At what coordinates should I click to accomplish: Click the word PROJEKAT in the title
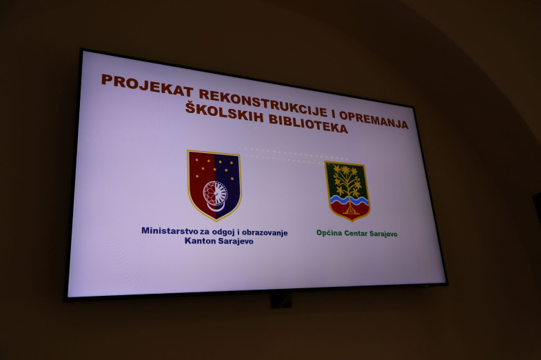[147, 86]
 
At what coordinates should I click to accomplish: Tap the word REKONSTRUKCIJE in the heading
[263, 103]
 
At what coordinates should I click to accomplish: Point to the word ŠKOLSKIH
[224, 112]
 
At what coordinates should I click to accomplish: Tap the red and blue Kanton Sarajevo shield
[214, 186]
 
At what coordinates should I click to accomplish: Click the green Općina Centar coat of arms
[347, 191]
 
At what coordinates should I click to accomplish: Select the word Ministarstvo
[170, 230]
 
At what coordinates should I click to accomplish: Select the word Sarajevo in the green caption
[383, 234]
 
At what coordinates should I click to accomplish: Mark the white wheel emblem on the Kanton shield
[215, 194]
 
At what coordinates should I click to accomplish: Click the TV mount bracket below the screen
[281, 299]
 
